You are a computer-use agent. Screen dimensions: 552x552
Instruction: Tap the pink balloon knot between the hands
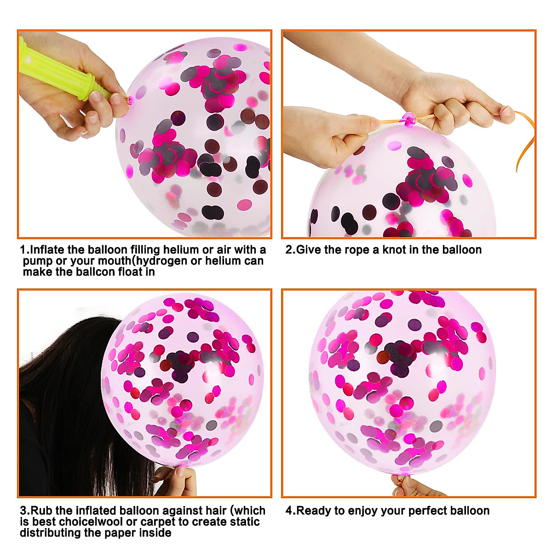(408, 120)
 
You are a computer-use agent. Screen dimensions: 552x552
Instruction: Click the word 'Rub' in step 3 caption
(41, 511)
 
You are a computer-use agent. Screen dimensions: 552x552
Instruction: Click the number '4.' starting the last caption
(290, 511)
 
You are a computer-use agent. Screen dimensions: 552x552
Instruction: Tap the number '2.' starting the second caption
(290, 250)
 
